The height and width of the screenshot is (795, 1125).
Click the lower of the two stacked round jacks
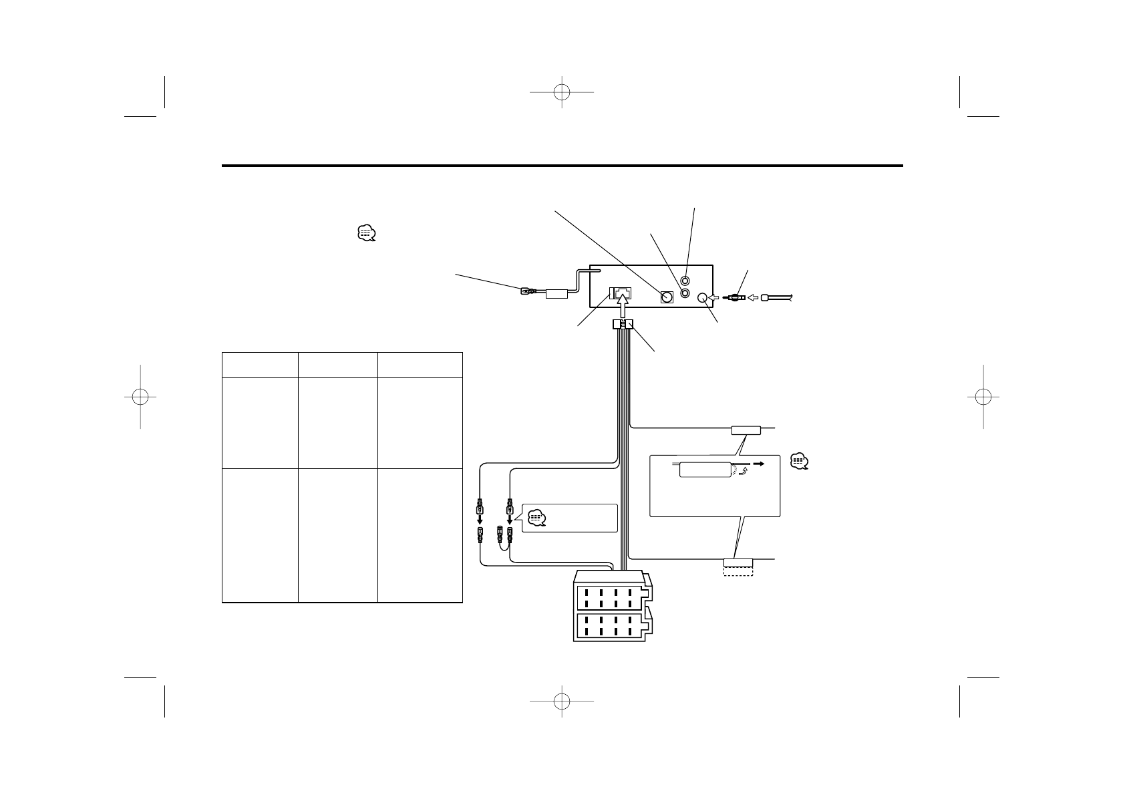[x=685, y=293]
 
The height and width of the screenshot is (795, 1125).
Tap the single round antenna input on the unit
[x=702, y=298]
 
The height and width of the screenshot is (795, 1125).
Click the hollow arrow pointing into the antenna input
[x=713, y=298]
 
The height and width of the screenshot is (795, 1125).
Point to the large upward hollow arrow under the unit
[x=622, y=309]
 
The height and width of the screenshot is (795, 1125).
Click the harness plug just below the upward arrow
[x=623, y=325]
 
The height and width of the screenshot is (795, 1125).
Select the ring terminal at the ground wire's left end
[x=526, y=291]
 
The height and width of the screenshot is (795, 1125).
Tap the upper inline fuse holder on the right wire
[x=746, y=430]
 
